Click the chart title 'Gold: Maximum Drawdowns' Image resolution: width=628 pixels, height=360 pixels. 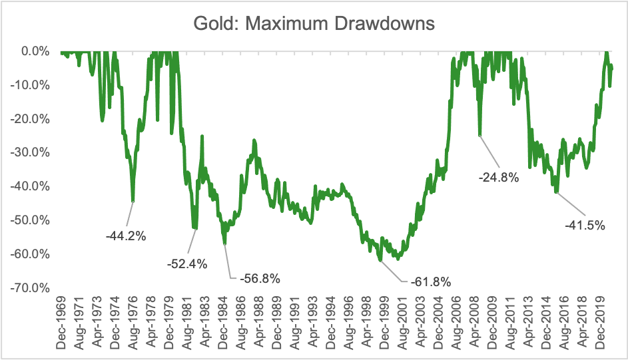[x=314, y=24]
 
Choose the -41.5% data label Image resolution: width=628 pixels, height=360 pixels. [x=585, y=225]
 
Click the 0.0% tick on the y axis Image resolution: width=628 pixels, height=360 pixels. [x=36, y=51]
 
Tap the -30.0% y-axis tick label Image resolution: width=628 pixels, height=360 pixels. [x=31, y=152]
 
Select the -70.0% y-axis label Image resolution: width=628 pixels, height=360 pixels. [x=31, y=288]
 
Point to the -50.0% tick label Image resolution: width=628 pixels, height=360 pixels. [x=31, y=220]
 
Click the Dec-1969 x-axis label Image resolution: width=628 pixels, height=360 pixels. [x=61, y=325]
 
